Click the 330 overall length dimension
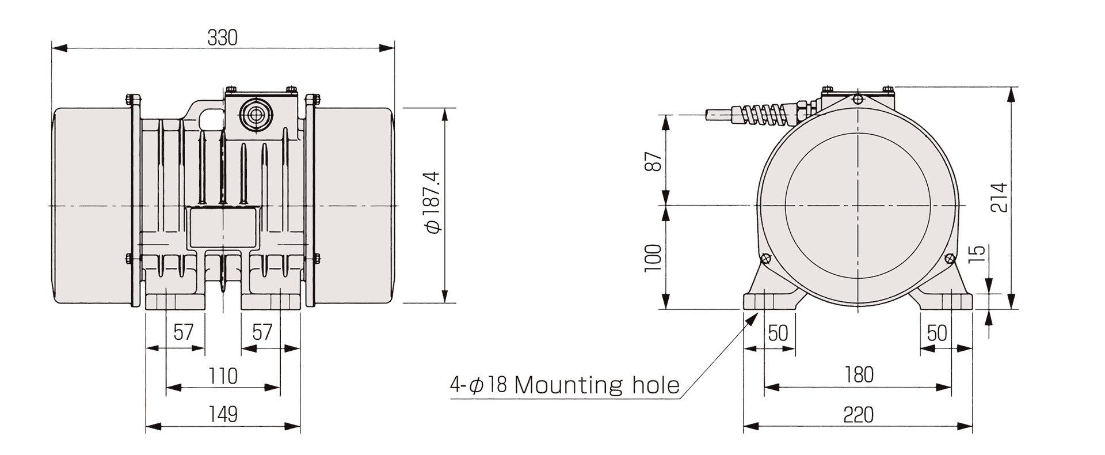pos(222,38)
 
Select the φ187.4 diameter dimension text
pos(433,202)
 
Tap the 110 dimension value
pos(223,376)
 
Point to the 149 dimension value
pos(223,414)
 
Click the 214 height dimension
pos(1000,198)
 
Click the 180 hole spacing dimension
pos(859,375)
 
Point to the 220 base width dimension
pos(859,414)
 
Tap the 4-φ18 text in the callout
pos(478,385)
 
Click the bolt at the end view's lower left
pos(765,258)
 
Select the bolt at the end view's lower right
pos(950,258)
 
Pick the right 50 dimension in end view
pos(938,332)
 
